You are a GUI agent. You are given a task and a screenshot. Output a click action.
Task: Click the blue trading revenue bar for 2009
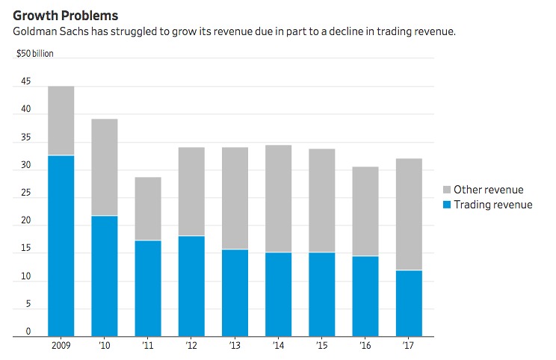tap(61, 246)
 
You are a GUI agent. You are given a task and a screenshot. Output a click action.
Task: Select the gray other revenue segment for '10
tap(105, 167)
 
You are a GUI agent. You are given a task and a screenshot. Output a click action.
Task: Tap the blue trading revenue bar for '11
tap(148, 288)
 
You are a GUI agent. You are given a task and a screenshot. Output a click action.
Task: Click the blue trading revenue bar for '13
tap(235, 293)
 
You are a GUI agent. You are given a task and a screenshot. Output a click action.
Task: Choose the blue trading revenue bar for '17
tap(409, 303)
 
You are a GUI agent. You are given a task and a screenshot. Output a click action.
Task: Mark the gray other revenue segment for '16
tap(365, 211)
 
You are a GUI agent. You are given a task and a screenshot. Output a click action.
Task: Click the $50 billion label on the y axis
tap(35, 54)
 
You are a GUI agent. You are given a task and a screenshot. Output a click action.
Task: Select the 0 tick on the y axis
tap(28, 332)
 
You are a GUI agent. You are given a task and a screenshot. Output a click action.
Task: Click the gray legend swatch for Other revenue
tap(448, 190)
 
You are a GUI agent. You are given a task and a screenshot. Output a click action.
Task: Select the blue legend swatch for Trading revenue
tap(448, 204)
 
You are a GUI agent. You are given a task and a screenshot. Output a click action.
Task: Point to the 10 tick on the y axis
tap(26, 277)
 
